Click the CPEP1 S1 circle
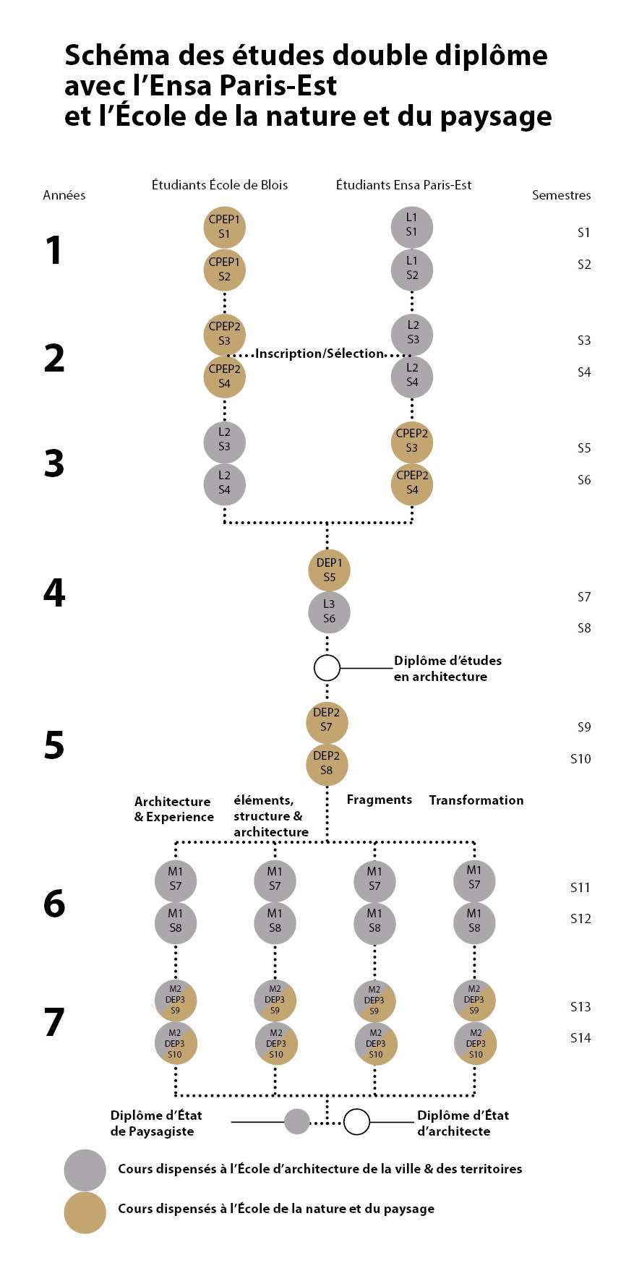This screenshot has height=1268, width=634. [224, 227]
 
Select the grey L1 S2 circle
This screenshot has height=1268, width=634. [412, 269]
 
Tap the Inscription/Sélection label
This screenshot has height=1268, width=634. [319, 354]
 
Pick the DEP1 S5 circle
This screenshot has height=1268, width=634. [329, 570]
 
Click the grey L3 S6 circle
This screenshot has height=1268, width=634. [329, 612]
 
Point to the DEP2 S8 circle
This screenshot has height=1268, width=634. [327, 763]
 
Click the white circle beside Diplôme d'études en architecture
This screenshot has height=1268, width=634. [327, 667]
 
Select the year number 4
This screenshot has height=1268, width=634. [54, 593]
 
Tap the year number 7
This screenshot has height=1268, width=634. [54, 1022]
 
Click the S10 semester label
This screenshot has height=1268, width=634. [581, 758]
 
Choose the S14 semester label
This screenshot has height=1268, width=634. [581, 1037]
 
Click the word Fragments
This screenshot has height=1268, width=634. [379, 800]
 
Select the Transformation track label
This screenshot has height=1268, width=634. [476, 800]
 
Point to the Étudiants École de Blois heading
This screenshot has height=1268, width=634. [219, 185]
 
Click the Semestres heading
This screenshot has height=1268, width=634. [561, 195]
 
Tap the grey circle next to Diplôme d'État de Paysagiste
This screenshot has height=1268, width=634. [297, 1121]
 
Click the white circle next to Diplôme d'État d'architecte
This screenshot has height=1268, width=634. [356, 1121]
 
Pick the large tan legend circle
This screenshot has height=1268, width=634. [85, 1212]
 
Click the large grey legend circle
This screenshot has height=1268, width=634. [85, 1170]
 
